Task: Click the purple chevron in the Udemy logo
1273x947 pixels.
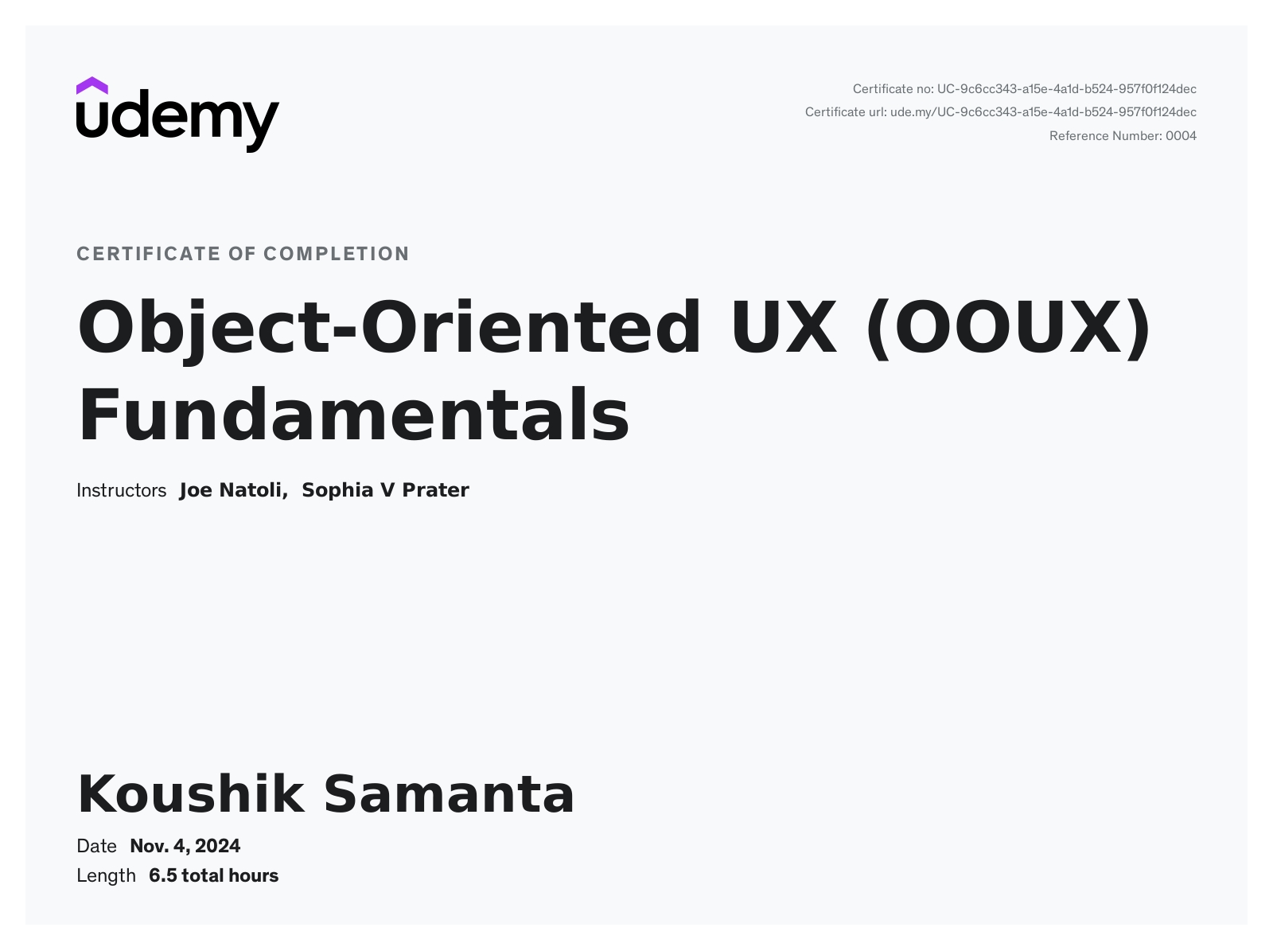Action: point(91,85)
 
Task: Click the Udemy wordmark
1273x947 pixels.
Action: point(177,121)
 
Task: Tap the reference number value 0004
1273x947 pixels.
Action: point(1181,135)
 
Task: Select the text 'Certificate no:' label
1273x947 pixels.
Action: point(893,89)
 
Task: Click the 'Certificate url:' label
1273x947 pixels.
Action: point(846,112)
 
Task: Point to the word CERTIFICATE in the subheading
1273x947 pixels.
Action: point(148,254)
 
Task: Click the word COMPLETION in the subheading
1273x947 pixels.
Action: point(337,254)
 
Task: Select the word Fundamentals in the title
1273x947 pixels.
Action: point(353,415)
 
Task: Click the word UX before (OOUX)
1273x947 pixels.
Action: point(783,326)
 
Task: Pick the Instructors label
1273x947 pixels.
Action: point(121,490)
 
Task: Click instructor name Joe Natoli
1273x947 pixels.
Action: point(233,490)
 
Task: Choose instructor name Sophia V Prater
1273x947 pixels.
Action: point(385,490)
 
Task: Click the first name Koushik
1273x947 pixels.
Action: point(190,794)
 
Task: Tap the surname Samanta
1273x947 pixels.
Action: point(449,794)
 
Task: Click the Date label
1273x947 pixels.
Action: point(96,846)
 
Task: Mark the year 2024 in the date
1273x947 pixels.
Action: point(217,846)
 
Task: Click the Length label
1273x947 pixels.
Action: point(106,876)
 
